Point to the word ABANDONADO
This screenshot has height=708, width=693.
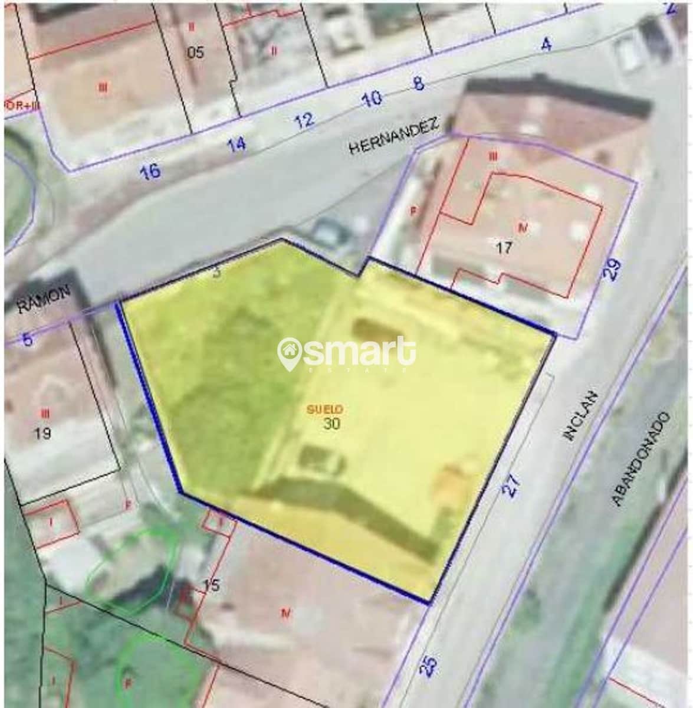pyautogui.click(x=641, y=459)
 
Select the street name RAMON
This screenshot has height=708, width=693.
pyautogui.click(x=44, y=299)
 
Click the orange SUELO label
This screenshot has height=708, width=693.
pyautogui.click(x=325, y=408)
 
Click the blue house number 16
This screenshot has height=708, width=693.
pyautogui.click(x=150, y=171)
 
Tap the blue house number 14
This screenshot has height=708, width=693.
pyautogui.click(x=237, y=143)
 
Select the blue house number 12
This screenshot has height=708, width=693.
pyautogui.click(x=304, y=121)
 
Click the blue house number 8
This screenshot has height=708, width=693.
pyautogui.click(x=418, y=83)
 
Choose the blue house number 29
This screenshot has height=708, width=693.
pyautogui.click(x=613, y=270)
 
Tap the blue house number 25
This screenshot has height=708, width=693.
pyautogui.click(x=430, y=666)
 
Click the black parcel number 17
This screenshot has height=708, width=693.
pyautogui.click(x=504, y=248)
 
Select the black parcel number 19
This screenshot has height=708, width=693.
pyautogui.click(x=42, y=434)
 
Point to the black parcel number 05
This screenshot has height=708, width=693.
pyautogui.click(x=195, y=53)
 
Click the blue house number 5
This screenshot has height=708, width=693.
pyautogui.click(x=27, y=340)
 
